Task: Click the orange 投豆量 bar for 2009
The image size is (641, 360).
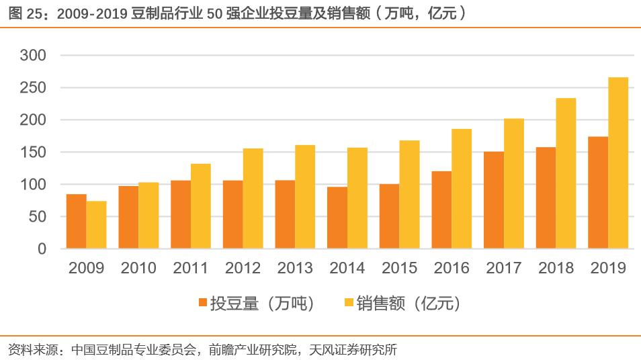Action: coord(76,221)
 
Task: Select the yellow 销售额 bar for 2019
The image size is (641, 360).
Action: coord(618,163)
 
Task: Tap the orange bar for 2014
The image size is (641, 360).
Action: coord(337,218)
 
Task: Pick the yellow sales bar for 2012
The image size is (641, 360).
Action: coord(253,198)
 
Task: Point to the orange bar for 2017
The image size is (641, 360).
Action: coord(494,199)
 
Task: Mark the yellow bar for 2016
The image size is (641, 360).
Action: coord(462,188)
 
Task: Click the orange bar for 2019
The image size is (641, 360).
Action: coord(598,192)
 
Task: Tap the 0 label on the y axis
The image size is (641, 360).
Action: coord(42,249)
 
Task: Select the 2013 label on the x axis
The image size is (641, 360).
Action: coord(295,269)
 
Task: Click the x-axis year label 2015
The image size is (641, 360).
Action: coord(399,269)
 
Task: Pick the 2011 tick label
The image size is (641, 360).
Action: coord(191,269)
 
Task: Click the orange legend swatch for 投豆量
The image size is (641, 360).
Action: coord(202,304)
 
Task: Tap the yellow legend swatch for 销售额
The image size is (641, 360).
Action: coord(348,304)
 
